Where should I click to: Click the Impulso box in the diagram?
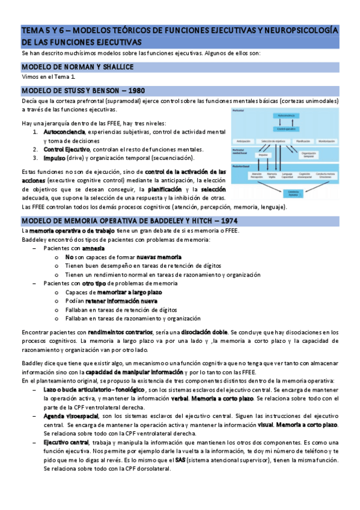(263, 155)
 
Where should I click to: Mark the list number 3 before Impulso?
(35, 158)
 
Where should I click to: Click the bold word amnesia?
(93, 248)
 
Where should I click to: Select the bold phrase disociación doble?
(204, 332)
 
